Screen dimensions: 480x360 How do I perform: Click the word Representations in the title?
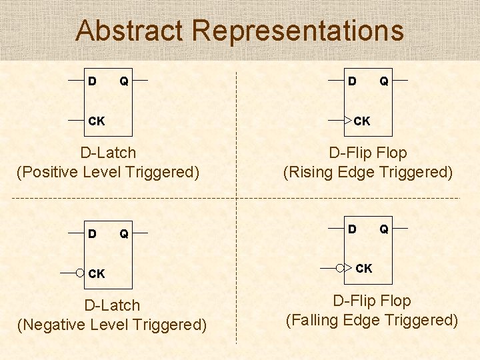(297, 31)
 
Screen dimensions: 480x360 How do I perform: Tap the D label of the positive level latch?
(92, 81)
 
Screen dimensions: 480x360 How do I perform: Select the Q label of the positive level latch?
(124, 81)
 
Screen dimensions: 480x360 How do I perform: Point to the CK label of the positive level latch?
(97, 121)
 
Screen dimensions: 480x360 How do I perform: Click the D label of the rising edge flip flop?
(352, 81)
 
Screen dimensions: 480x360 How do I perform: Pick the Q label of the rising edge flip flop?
(384, 81)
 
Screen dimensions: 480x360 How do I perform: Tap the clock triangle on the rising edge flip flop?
(347, 121)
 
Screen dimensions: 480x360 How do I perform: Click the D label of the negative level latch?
(92, 234)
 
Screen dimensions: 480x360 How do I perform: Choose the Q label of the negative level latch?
(124, 234)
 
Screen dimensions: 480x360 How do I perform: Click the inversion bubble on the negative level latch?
(81, 273)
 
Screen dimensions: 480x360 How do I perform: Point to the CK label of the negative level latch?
(97, 273)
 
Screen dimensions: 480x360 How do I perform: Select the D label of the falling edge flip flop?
(352, 229)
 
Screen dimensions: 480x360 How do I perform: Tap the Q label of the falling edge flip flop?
(384, 229)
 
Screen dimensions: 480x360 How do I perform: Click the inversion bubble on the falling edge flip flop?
(340, 268)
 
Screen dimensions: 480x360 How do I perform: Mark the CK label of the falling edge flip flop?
(364, 269)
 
